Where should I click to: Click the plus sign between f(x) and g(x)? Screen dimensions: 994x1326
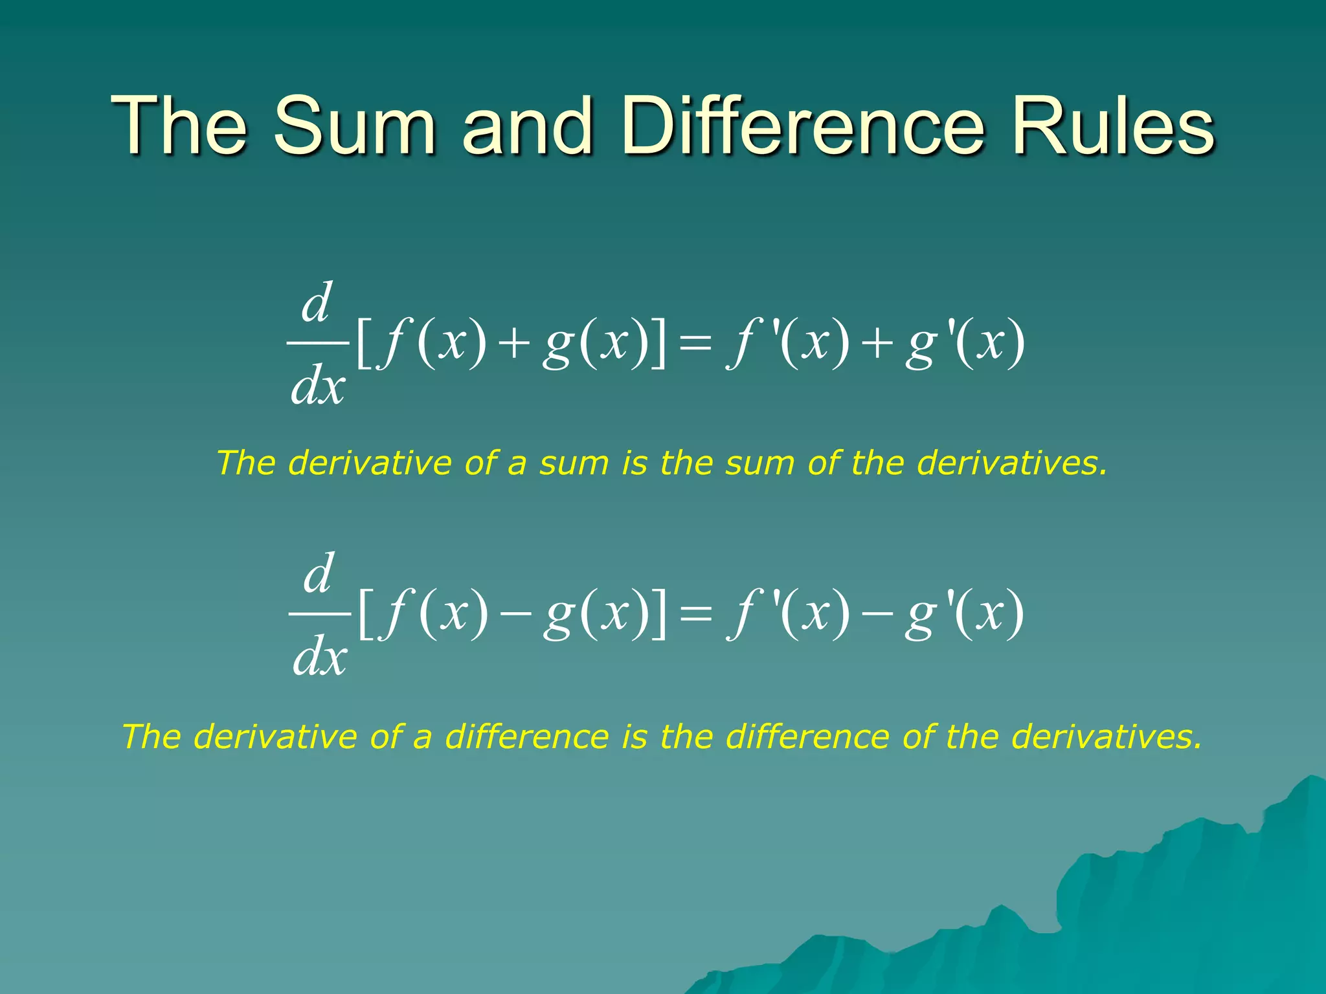pyautogui.click(x=514, y=344)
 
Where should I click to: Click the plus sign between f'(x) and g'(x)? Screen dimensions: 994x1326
pyautogui.click(x=877, y=344)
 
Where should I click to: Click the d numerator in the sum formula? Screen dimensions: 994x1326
pyautogui.click(x=317, y=302)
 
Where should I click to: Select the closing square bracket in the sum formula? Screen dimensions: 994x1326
pyautogui.click(x=658, y=344)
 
